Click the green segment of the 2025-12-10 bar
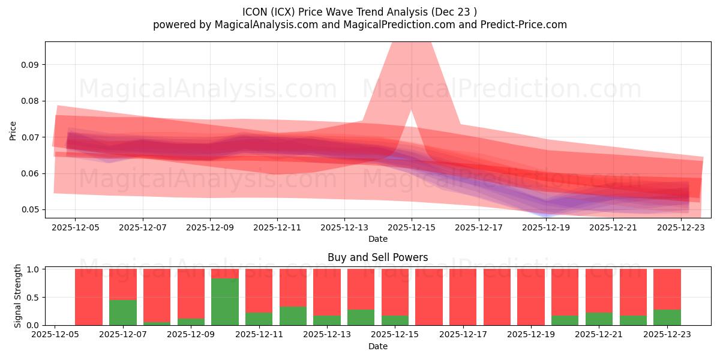click(x=224, y=302)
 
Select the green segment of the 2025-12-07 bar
click(x=122, y=312)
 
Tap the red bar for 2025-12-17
click(x=463, y=297)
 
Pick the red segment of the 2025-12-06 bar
click(x=89, y=296)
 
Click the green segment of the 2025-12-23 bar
click(x=667, y=317)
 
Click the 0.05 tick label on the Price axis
click(x=31, y=210)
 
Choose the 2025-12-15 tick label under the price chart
click(x=411, y=227)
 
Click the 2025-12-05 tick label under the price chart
click(x=75, y=227)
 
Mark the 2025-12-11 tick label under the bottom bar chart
click(x=259, y=335)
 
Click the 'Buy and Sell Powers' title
click(x=377, y=257)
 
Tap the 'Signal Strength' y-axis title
click(x=18, y=296)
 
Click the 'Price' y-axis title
click(x=13, y=130)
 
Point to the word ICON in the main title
click(x=255, y=12)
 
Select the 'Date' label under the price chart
click(x=377, y=239)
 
